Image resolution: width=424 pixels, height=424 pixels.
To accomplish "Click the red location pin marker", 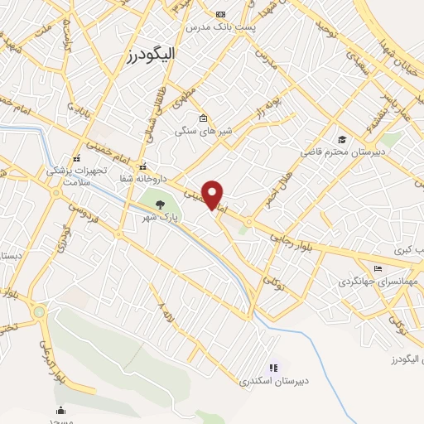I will pos(213,193).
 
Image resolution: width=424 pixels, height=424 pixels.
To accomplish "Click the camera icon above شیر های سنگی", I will pos(203,118).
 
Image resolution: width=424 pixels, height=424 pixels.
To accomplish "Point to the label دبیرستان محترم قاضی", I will pos(343,152).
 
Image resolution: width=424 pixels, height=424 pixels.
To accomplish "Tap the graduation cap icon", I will pos(342,139).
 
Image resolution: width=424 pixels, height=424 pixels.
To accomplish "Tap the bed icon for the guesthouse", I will pos(378,268).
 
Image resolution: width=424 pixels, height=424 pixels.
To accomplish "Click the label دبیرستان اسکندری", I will pos(273,381).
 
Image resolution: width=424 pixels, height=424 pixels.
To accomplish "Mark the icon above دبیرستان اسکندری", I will pos(273,368).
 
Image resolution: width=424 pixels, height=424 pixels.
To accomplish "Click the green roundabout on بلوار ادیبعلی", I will pos(39,312).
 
